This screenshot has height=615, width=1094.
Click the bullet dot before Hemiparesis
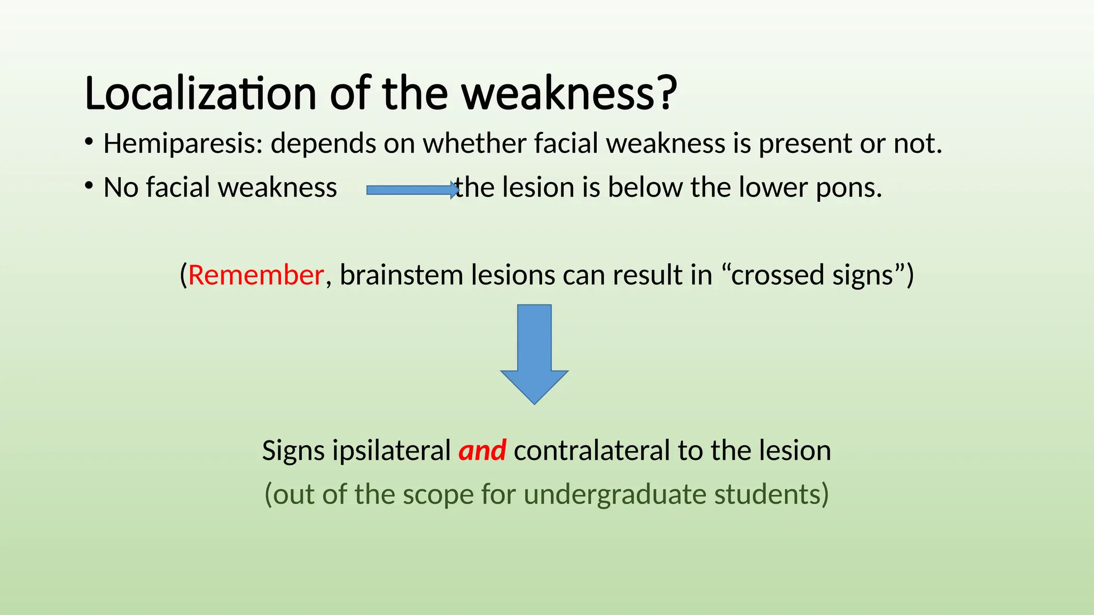tap(89, 142)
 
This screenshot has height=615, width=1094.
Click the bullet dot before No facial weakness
tap(89, 186)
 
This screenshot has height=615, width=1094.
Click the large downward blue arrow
tap(534, 352)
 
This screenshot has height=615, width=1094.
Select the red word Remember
tap(256, 275)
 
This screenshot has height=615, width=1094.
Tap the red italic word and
tap(482, 450)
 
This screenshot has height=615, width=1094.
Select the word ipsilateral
tap(392, 450)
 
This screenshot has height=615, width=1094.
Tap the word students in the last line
tap(771, 494)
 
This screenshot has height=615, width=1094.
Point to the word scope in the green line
tap(437, 494)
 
